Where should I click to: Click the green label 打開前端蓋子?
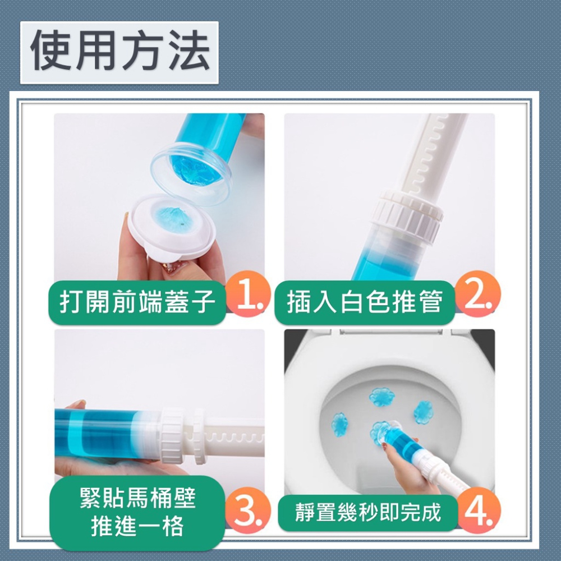tap(137, 302)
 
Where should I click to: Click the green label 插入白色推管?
tap(365, 302)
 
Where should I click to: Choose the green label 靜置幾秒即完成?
tap(368, 512)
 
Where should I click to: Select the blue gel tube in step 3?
tap(107, 432)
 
